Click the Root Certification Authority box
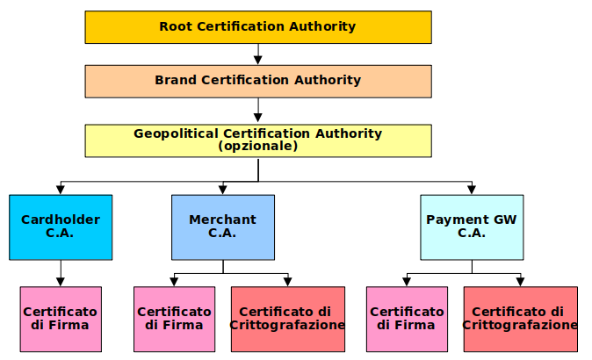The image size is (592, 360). click(x=257, y=27)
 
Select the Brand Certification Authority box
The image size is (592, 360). click(x=257, y=81)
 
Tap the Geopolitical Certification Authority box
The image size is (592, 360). click(x=257, y=140)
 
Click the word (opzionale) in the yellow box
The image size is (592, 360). click(x=257, y=147)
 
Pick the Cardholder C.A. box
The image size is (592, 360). click(x=61, y=227)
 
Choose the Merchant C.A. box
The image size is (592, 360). click(x=222, y=227)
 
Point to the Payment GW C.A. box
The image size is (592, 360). click(x=472, y=227)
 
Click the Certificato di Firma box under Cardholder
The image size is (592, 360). click(x=61, y=319)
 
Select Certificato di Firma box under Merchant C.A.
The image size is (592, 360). click(x=174, y=319)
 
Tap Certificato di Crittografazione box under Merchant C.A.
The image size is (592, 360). click(x=287, y=319)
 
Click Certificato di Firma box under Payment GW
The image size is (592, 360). click(x=406, y=319)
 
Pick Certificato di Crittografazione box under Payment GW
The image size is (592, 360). click(x=520, y=319)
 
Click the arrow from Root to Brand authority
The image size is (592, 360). click(x=257, y=54)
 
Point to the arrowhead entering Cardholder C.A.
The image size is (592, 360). click(x=61, y=190)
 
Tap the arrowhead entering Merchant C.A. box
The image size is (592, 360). click(x=222, y=190)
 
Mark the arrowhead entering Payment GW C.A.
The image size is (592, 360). click(x=472, y=190)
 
